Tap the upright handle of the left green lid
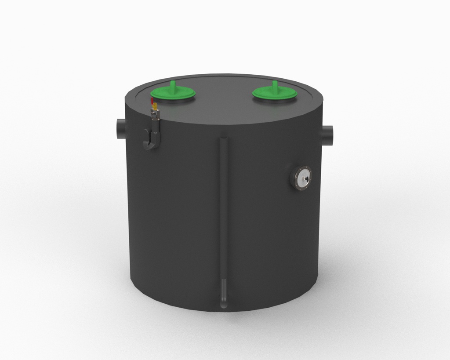point(173,85)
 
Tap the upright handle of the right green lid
point(275,85)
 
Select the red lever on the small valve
point(152,101)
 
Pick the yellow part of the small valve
point(154,106)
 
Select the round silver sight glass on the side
point(303,179)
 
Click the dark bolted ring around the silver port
point(295,180)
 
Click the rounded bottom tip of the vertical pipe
point(224,304)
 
